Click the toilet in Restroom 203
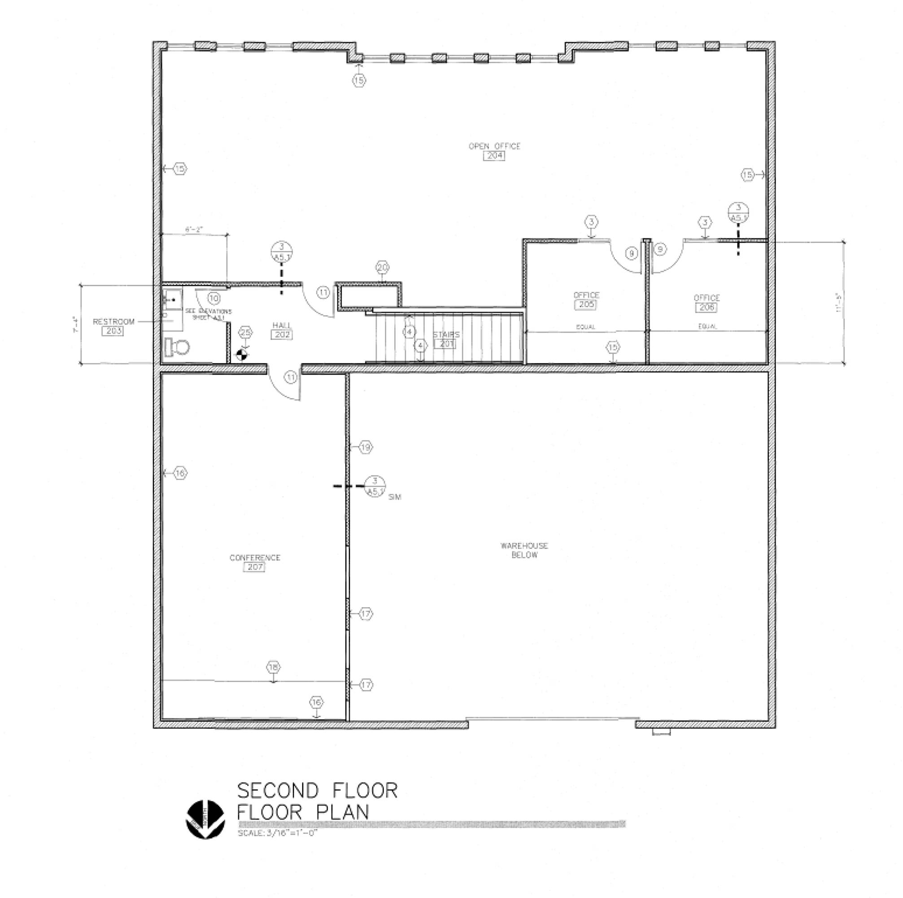tap(177, 347)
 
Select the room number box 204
tap(494, 156)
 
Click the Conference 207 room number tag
tap(254, 567)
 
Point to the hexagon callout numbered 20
tap(382, 268)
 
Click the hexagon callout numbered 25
tap(245, 333)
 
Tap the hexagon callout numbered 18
tap(274, 667)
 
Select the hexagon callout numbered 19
tap(366, 448)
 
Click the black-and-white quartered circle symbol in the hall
tap(242, 355)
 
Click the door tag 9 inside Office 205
tap(632, 254)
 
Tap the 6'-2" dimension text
tap(194, 229)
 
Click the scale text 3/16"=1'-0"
tap(278, 833)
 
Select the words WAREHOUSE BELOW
tap(524, 550)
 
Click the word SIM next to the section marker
tap(394, 497)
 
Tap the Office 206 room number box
tap(706, 307)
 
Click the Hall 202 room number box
tap(282, 335)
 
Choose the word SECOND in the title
tap(278, 790)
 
